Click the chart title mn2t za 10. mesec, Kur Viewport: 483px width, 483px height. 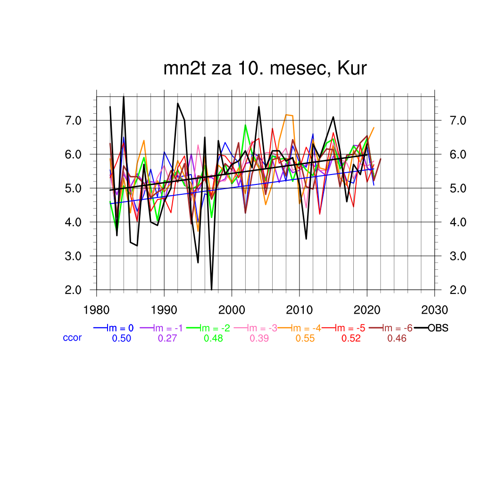coord(265,68)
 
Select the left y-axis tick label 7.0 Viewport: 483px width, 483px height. coord(74,120)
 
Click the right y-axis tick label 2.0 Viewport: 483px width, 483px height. coord(458,290)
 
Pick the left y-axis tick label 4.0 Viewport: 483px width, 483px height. coord(74,222)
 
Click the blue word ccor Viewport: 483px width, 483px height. coord(72,338)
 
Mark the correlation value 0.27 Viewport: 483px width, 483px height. coord(167,338)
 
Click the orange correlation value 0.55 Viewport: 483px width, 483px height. coord(305,338)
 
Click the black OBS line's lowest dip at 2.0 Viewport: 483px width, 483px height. coord(211,289)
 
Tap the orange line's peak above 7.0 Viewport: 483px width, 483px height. coord(286,115)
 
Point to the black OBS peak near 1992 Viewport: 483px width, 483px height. coord(178,103)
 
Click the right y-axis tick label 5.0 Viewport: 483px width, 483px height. coord(458,188)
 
